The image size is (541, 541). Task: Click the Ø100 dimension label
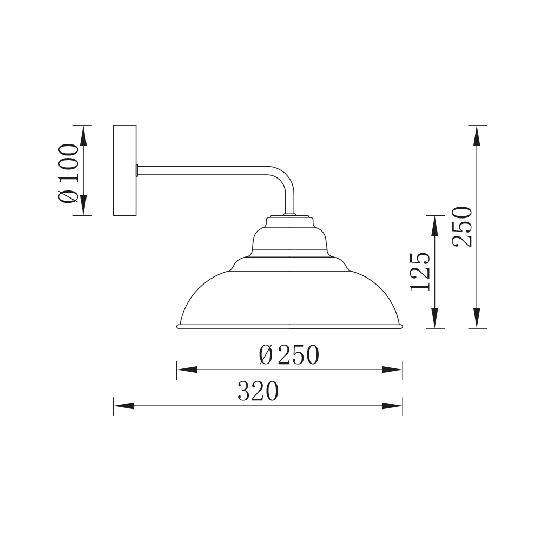pyautogui.click(x=69, y=174)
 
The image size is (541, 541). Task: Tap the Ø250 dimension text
pyautogui.click(x=289, y=355)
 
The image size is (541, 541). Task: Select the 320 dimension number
pyautogui.click(x=258, y=391)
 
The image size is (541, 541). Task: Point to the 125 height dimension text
pyautogui.click(x=420, y=272)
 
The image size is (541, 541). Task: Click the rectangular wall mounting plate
pyautogui.click(x=125, y=170)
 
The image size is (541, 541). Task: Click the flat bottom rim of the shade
pyautogui.click(x=290, y=326)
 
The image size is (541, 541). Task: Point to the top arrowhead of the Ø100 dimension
pyautogui.click(x=83, y=135)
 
